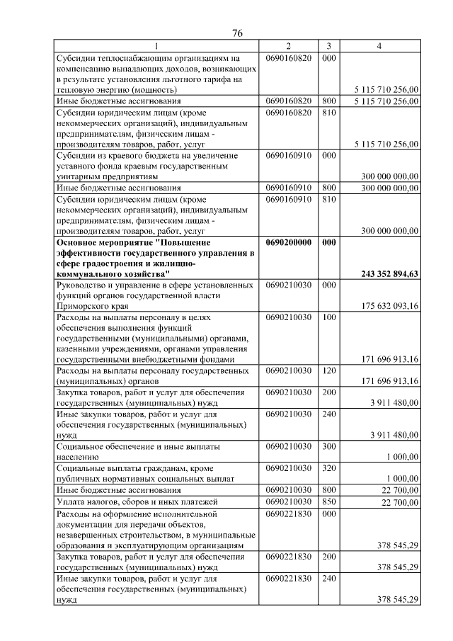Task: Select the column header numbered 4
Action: pyautogui.click(x=380, y=46)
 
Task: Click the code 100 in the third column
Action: pyautogui.click(x=328, y=317)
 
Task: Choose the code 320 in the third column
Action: pyautogui.click(x=328, y=468)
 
